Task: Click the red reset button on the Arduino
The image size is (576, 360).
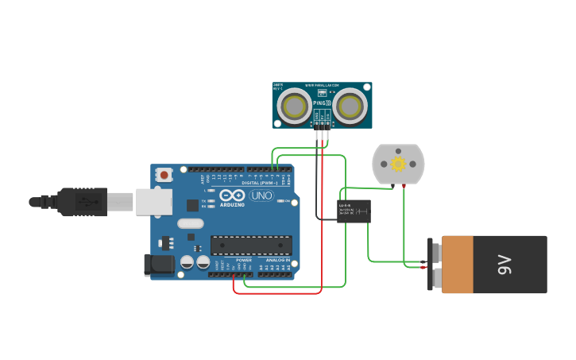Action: [164, 174]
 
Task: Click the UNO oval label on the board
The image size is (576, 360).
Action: [261, 195]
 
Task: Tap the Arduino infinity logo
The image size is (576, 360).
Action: [233, 195]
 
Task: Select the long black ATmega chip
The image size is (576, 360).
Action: [251, 246]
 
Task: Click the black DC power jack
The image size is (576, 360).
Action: [159, 265]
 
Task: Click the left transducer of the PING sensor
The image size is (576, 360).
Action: [296, 106]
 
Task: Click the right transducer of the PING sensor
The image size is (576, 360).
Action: [350, 106]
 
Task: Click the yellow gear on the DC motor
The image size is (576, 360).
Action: [398, 164]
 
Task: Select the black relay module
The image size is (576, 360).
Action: [354, 211]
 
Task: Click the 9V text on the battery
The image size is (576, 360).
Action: [504, 265]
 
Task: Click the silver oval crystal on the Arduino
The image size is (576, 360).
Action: [191, 224]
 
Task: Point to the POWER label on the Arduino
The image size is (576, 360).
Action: [243, 260]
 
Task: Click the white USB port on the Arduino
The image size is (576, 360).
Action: [153, 201]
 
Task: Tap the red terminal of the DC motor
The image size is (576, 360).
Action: [404, 185]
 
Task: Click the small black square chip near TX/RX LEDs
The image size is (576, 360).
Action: [192, 205]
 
